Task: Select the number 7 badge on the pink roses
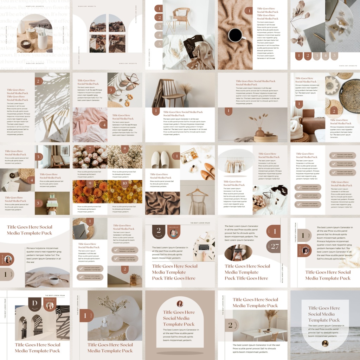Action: coord(90,149)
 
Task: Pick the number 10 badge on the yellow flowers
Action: coord(124,184)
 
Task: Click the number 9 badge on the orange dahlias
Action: coord(90,184)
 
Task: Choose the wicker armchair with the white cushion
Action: coord(181,17)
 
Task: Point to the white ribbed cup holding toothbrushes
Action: coord(43,41)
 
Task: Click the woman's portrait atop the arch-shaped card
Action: coord(180,303)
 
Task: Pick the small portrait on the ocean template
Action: coord(325,343)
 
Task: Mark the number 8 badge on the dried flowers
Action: coord(124,149)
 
